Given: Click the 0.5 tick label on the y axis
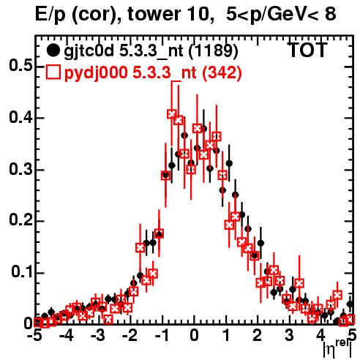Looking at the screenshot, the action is click(20, 65).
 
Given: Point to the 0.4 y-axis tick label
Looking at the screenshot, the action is click(20, 117).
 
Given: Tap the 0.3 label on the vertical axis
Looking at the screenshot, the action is click(20, 169).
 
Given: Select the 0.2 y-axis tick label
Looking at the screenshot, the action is click(20, 220).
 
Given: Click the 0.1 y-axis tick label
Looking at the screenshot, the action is click(21, 272).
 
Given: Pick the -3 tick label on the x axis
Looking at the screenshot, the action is click(97, 335).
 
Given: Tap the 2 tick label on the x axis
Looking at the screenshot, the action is click(258, 335).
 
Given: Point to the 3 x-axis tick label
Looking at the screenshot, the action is click(289, 335).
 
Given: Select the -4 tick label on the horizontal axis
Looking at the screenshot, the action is click(66, 335).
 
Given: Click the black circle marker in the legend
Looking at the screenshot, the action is click(53, 51).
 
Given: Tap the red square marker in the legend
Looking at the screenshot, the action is click(53, 72).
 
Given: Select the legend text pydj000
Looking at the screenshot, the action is click(96, 73).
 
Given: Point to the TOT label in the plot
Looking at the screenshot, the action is click(307, 50).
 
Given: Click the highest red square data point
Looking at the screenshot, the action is click(172, 114).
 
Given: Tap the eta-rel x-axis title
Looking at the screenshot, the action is click(337, 349).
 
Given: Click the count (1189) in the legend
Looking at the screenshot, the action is click(214, 51).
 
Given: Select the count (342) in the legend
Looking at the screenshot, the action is click(222, 73).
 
